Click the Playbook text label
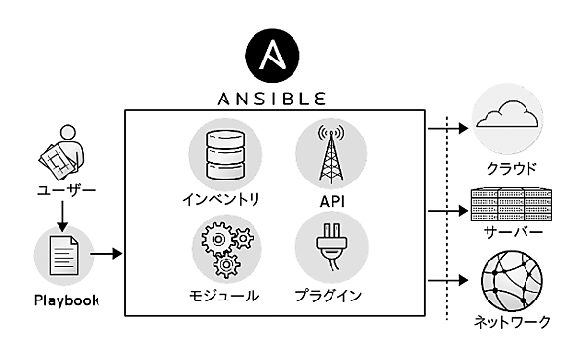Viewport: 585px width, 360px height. tap(65, 300)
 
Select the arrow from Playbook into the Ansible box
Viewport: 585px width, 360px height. tap(106, 255)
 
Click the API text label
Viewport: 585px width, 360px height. tap(330, 201)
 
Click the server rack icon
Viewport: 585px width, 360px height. tap(506, 206)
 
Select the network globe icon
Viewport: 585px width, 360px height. tap(506, 281)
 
